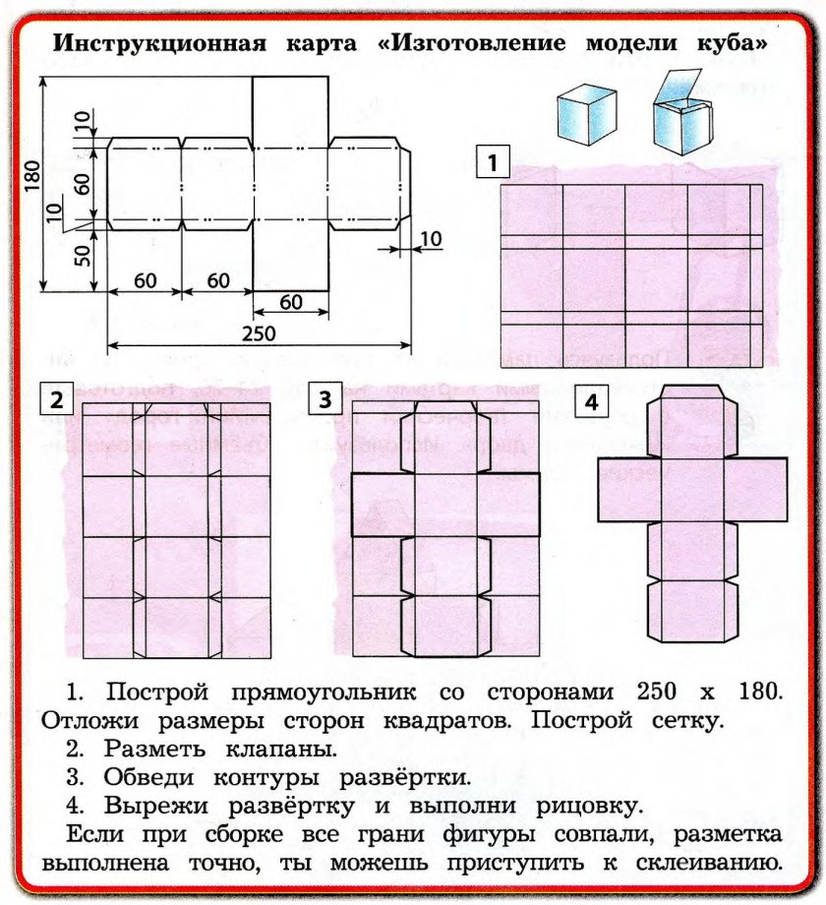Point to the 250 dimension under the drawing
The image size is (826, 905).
pyautogui.click(x=259, y=332)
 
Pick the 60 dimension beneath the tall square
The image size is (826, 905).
pyautogui.click(x=290, y=302)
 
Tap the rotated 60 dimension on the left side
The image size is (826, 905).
pyautogui.click(x=83, y=183)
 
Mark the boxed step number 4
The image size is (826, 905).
pyautogui.click(x=590, y=401)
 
